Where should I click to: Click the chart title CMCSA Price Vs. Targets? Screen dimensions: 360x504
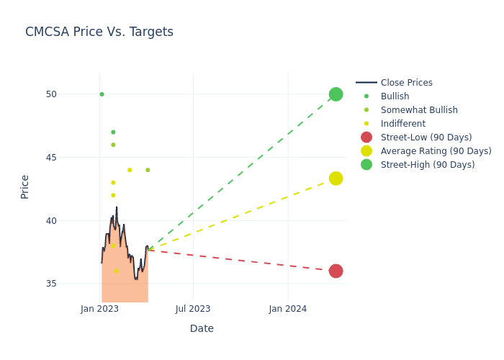pos(99,32)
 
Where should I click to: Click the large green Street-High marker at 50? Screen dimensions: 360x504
pos(336,94)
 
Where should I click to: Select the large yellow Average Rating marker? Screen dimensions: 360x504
pos(336,179)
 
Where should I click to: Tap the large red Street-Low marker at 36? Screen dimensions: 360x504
pos(336,271)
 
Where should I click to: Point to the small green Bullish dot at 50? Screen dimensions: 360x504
pos(102,94)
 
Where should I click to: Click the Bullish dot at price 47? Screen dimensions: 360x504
pos(113,132)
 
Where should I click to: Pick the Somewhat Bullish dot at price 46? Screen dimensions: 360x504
pos(113,145)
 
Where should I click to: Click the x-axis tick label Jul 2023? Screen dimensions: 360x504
pos(193,309)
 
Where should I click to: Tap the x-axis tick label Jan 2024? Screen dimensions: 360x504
pos(288,309)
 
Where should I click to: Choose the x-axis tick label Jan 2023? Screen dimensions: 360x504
pos(99,309)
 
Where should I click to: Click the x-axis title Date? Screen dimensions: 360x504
pos(202,329)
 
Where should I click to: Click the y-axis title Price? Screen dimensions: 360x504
pos(25,186)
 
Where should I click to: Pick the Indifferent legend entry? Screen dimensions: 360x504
pos(402,124)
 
